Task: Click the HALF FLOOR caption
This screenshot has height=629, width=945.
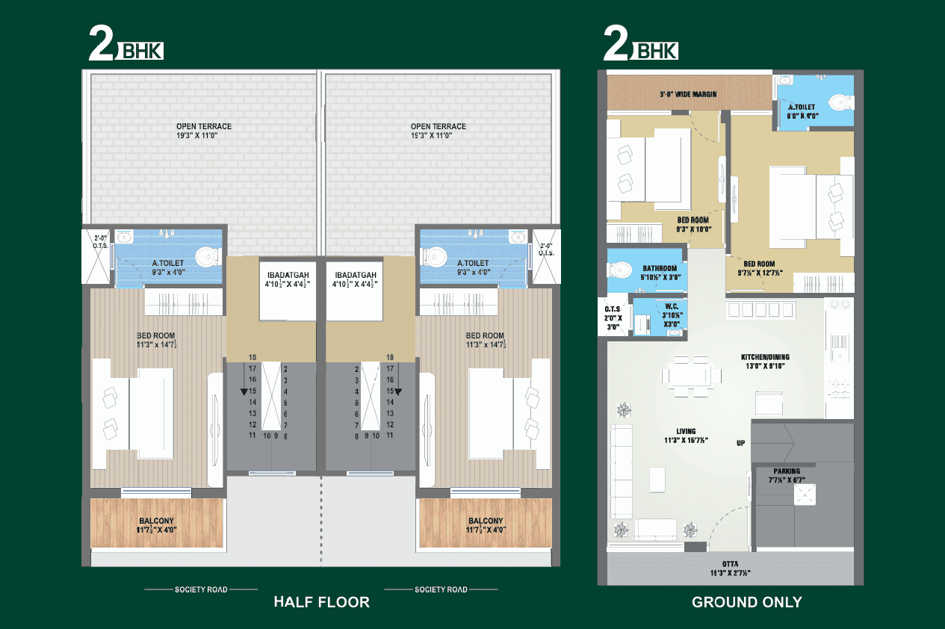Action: (x=321, y=602)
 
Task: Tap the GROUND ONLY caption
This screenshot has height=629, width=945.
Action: (x=746, y=602)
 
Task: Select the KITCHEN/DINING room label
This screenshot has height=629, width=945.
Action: (x=765, y=357)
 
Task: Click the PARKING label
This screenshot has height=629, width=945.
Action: (x=787, y=471)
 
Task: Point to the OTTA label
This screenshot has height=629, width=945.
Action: (x=730, y=565)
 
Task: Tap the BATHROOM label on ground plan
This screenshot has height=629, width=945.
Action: (x=659, y=269)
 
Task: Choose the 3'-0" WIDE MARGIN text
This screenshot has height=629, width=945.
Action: (x=688, y=94)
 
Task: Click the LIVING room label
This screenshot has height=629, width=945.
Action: (x=686, y=431)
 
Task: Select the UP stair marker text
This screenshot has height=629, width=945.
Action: (x=740, y=443)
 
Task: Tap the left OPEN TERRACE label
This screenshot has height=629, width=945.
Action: (x=204, y=126)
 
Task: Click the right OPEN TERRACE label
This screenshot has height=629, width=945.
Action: (x=438, y=126)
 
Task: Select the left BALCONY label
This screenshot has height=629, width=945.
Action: (x=158, y=521)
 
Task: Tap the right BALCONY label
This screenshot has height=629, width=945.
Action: (x=486, y=521)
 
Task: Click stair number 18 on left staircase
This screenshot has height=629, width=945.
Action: (x=252, y=358)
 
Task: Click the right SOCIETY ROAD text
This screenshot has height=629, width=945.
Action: (x=441, y=589)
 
